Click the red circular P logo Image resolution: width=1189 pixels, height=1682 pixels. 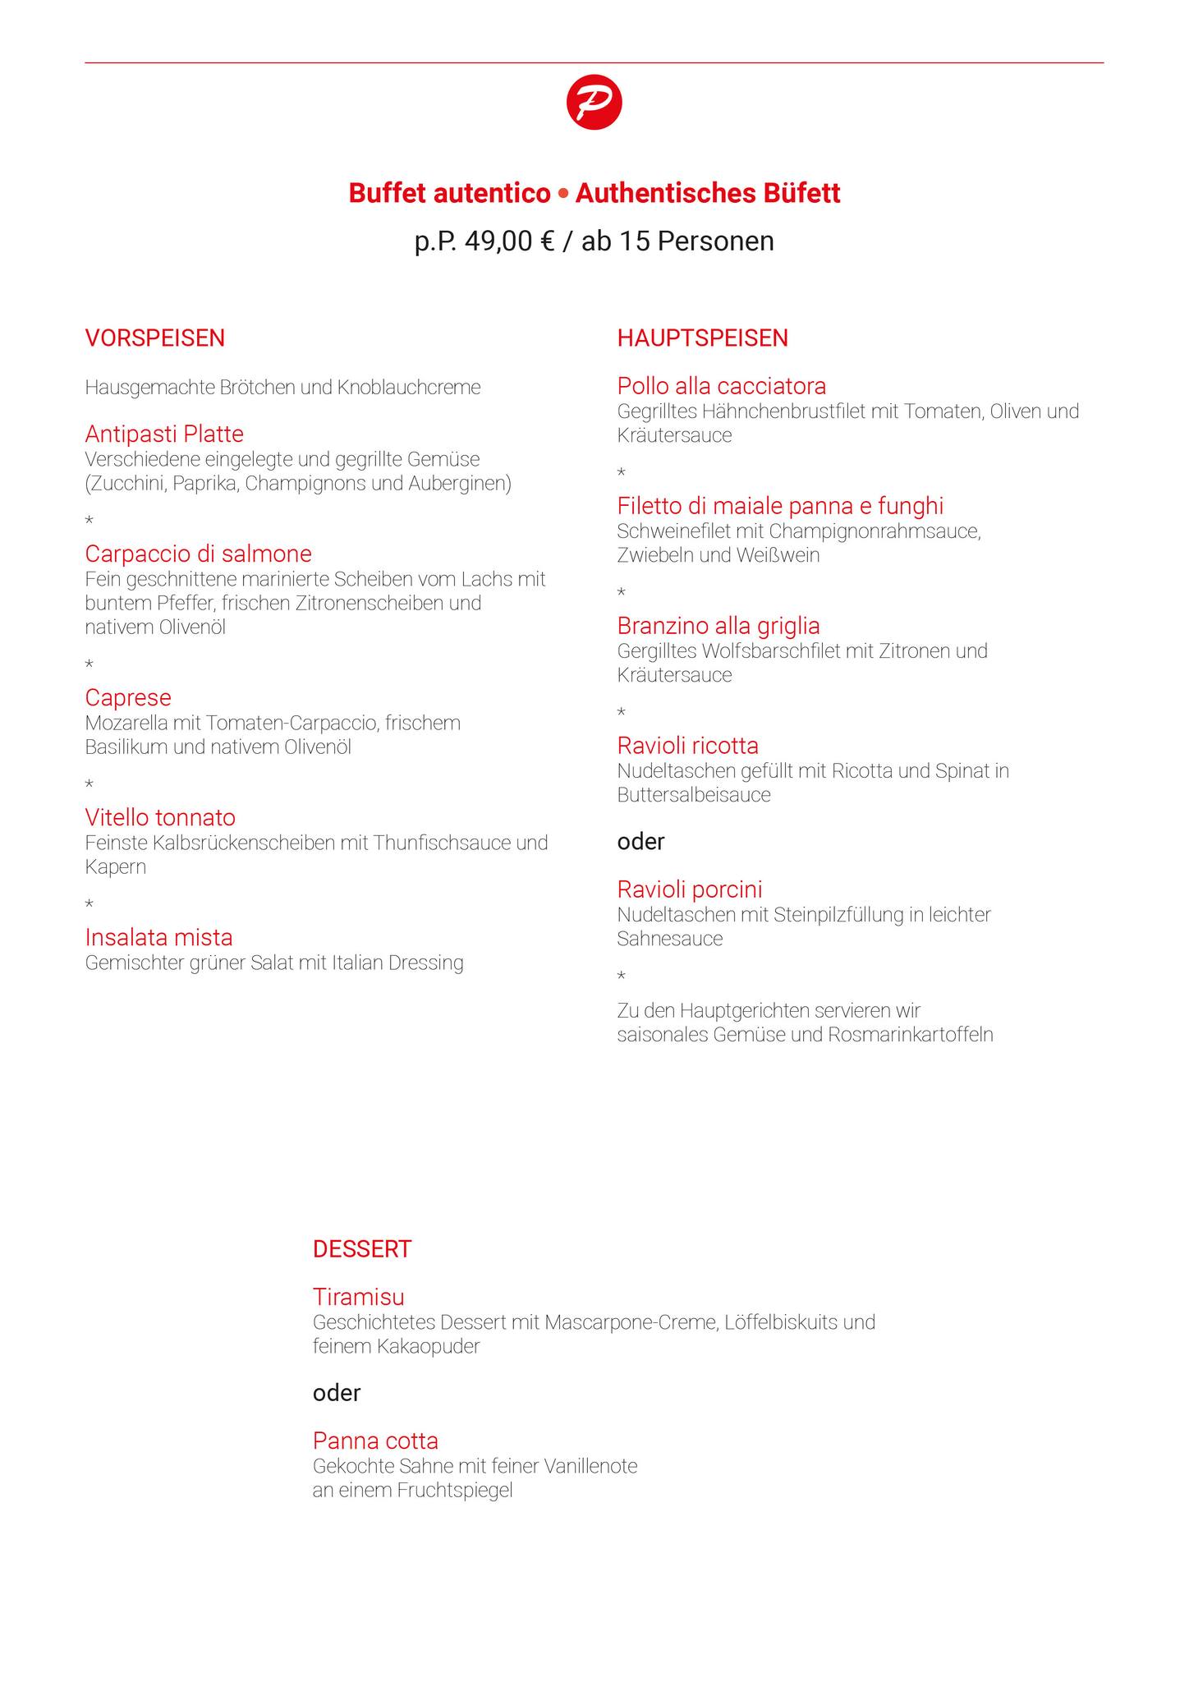(x=594, y=103)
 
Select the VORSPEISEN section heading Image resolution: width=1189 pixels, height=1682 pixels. (x=154, y=338)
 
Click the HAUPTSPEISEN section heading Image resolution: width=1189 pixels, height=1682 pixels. (x=702, y=338)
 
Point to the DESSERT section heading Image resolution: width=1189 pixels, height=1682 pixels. (x=361, y=1249)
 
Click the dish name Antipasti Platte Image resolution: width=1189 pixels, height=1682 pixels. (x=164, y=434)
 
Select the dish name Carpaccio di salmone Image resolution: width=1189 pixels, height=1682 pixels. (x=198, y=554)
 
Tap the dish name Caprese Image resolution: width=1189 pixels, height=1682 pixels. (x=128, y=698)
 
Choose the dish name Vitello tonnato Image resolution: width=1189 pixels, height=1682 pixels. (x=160, y=818)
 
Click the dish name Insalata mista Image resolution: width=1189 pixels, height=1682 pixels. (x=158, y=938)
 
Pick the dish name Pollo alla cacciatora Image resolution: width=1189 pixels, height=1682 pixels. (x=721, y=386)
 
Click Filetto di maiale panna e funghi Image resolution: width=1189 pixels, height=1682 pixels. (x=780, y=506)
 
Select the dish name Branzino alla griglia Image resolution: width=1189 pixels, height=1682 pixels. (x=718, y=626)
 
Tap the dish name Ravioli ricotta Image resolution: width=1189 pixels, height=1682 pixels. (x=687, y=746)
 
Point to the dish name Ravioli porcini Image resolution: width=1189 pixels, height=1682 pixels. (x=690, y=889)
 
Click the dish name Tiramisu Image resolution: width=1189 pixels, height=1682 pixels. (x=358, y=1298)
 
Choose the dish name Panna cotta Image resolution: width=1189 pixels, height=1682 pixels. (x=375, y=1441)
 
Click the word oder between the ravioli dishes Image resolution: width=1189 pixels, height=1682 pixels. (x=640, y=842)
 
